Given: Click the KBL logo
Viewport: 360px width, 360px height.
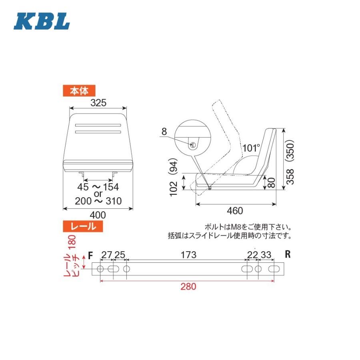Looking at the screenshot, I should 42,22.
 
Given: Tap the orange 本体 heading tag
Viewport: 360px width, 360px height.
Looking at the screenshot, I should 79,91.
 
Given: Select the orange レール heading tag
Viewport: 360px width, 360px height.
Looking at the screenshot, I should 83,226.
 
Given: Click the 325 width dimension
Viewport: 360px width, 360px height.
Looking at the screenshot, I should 98,103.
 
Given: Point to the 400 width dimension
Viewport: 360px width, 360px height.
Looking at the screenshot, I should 98,215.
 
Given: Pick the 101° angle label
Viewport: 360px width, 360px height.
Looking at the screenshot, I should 251,148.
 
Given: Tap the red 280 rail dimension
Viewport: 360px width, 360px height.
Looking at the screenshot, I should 188,287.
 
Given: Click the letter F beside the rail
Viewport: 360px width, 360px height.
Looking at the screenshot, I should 90,255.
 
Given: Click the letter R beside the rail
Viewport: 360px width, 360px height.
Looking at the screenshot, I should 287,254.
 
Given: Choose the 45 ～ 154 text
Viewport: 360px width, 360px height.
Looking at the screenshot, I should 98,187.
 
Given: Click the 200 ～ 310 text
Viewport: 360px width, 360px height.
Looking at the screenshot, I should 98,201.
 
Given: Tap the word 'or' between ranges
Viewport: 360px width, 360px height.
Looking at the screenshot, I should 98,194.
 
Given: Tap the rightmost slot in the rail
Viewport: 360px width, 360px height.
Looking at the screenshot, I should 274,268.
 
